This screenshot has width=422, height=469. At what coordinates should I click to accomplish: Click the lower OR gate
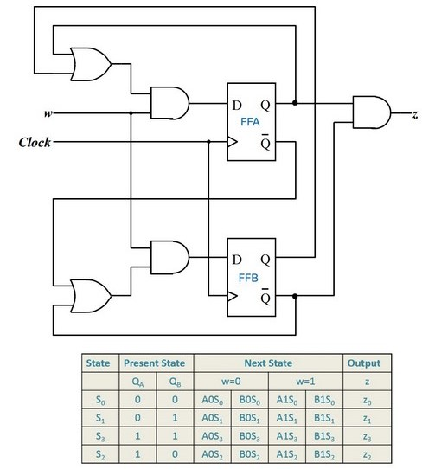[89, 296]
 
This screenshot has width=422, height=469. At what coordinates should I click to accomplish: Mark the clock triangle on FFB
[233, 295]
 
